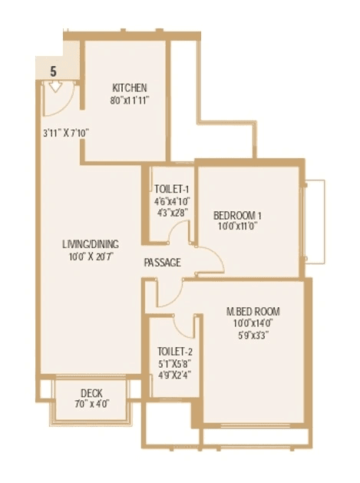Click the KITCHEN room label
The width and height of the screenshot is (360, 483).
[129, 88]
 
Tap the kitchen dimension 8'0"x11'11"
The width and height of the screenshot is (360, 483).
[129, 101]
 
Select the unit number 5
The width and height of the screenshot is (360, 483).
[53, 70]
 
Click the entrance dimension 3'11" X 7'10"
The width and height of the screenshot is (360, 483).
[67, 132]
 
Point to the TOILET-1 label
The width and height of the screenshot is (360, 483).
[171, 188]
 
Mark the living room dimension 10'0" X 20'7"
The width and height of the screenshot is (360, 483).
[91, 257]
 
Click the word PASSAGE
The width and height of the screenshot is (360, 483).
[162, 263]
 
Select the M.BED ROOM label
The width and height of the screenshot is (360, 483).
[253, 311]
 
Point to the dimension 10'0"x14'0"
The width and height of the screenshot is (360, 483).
[253, 323]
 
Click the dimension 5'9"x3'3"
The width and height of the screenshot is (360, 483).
[253, 335]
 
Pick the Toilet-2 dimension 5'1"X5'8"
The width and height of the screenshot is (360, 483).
[174, 354]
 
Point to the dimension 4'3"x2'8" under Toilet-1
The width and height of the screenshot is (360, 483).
[171, 213]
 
